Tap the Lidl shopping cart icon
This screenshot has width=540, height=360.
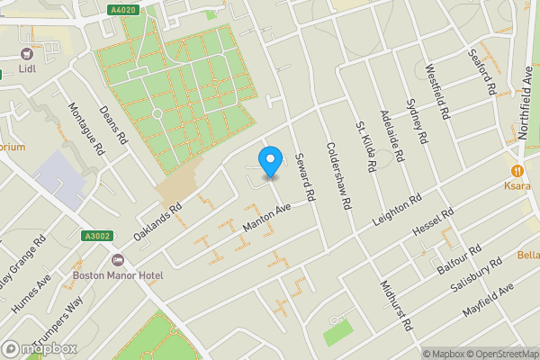26,53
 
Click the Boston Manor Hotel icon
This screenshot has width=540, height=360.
116,260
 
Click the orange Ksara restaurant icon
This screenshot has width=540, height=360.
517,170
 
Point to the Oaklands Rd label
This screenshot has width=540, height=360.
158,220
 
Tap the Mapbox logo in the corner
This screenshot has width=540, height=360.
40,348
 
